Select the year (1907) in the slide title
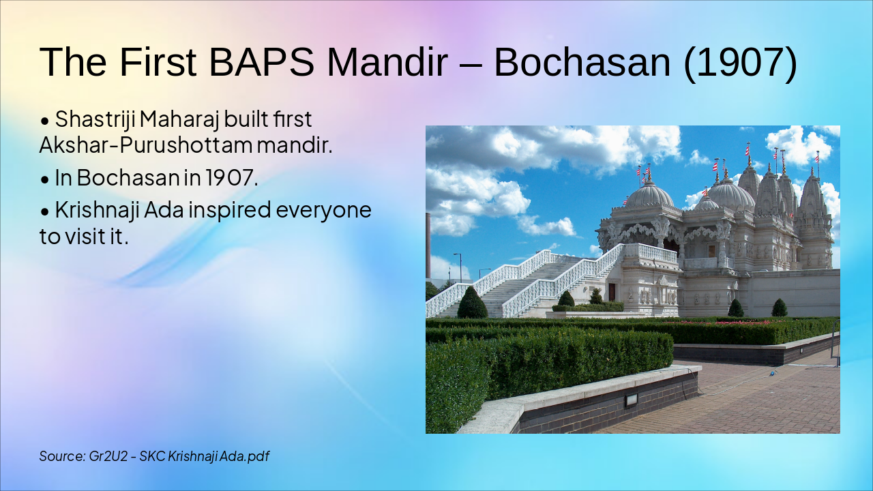740,62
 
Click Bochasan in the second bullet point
128,178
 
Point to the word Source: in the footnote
62,456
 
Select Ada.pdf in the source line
243,456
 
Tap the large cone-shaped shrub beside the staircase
472,303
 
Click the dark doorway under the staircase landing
612,293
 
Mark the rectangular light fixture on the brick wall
631,400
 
